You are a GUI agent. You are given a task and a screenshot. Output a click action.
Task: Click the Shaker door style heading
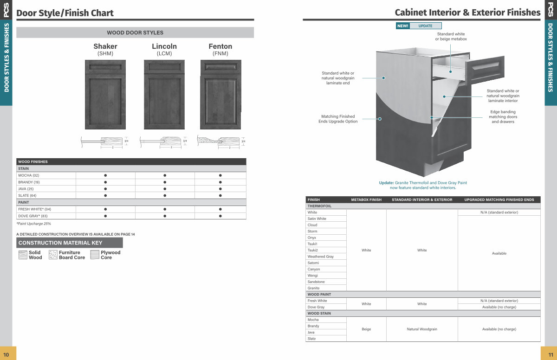click(x=105, y=46)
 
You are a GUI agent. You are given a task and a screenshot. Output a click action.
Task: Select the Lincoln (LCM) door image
click(x=164, y=95)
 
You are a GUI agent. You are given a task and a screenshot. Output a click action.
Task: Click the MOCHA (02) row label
click(x=29, y=175)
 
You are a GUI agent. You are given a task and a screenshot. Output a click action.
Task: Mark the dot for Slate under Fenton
click(x=220, y=195)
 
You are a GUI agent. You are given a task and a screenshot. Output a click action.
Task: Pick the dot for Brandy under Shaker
click(x=105, y=182)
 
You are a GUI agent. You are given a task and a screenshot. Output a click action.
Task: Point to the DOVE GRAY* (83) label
click(x=33, y=216)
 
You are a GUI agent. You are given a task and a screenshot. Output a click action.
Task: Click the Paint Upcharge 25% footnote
click(x=33, y=224)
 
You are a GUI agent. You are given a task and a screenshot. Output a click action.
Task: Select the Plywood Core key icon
click(x=95, y=255)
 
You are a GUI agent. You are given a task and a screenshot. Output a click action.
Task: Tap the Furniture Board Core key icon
click(x=53, y=255)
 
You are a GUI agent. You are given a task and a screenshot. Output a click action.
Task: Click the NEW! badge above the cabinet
click(x=402, y=26)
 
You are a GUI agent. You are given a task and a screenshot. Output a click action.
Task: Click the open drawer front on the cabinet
click(x=487, y=70)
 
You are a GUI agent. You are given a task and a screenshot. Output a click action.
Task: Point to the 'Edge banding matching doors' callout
click(x=503, y=116)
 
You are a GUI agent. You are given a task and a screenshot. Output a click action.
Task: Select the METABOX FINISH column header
click(x=366, y=199)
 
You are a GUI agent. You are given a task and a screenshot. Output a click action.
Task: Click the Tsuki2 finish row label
click(x=312, y=250)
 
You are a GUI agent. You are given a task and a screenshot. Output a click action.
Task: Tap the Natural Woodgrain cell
click(x=422, y=329)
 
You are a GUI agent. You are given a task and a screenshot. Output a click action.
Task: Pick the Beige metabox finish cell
click(x=366, y=329)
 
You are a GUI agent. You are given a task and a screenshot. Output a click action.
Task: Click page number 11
click(x=548, y=354)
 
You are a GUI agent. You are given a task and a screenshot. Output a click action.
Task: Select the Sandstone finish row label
click(x=316, y=282)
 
